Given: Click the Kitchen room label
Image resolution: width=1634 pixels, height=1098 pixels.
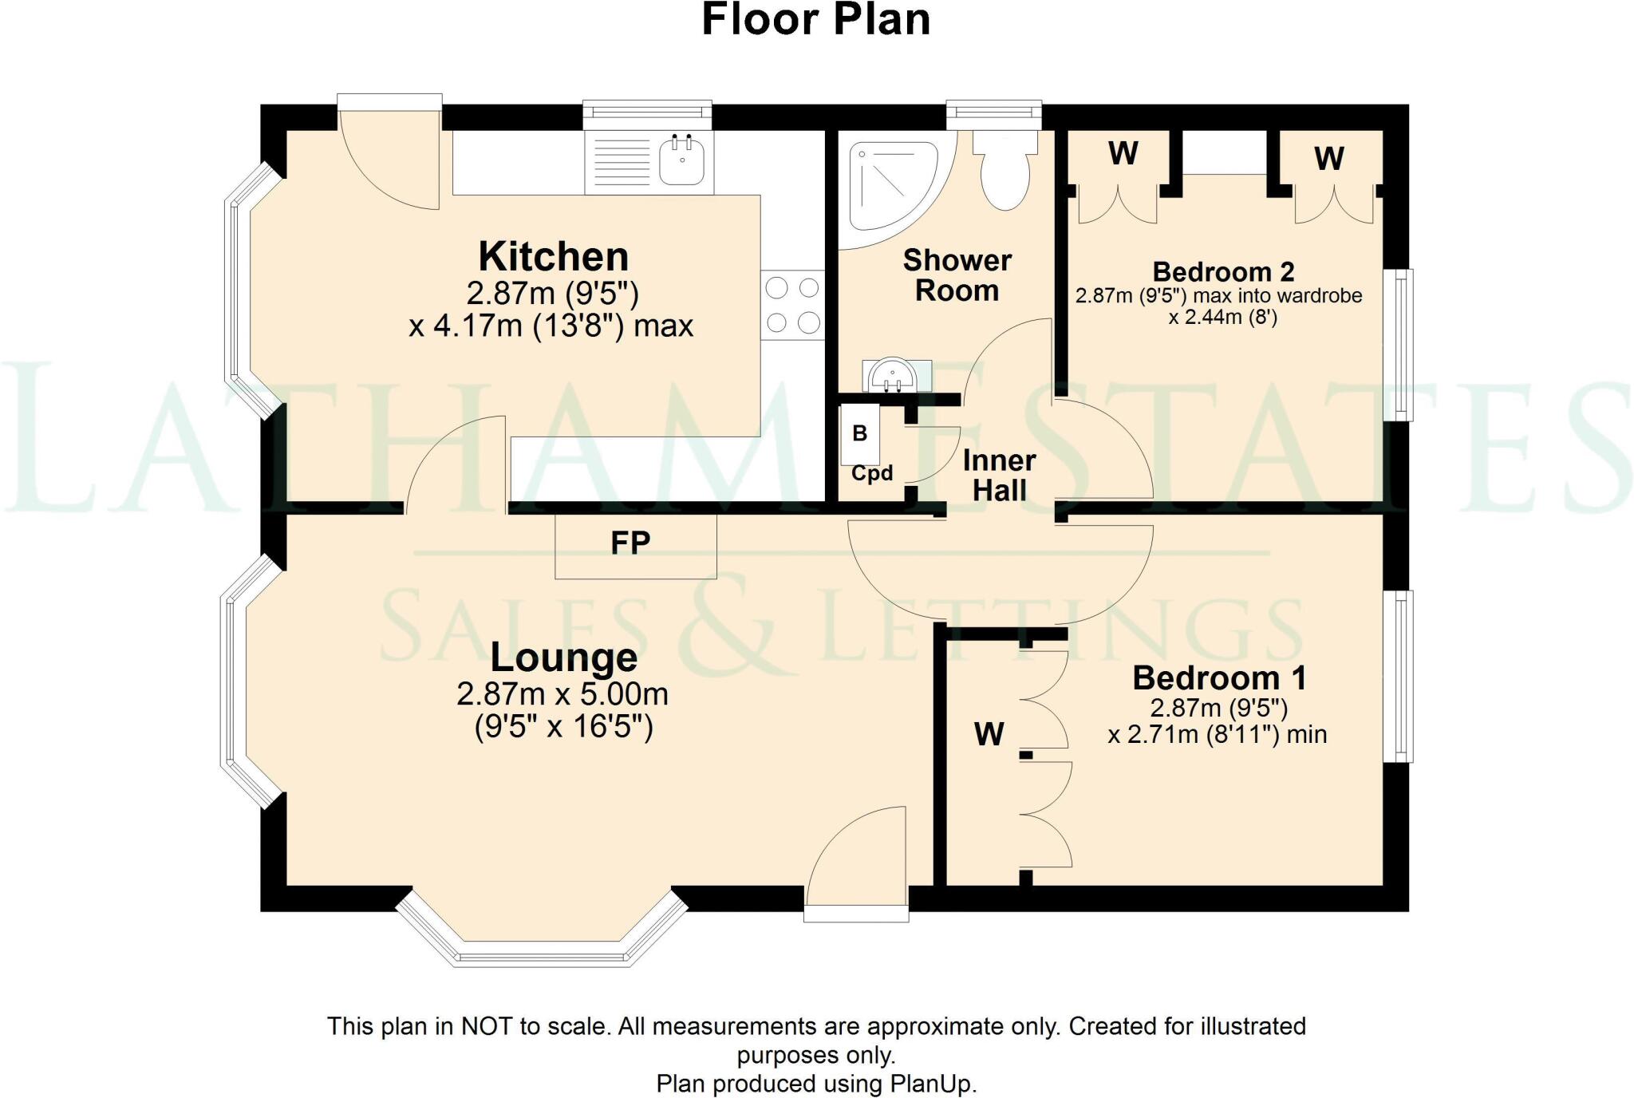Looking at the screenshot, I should pos(553,257).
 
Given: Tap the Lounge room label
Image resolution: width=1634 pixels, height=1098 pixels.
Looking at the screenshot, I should pos(563,658).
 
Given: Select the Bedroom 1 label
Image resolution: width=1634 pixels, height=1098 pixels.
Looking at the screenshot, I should pos(1219,678).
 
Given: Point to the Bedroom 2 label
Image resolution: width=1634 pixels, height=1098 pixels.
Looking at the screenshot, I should pos(1223,272).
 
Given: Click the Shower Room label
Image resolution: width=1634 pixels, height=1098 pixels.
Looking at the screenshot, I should pos(957,275).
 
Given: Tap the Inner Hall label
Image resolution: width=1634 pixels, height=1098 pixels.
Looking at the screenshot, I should pos(999,475).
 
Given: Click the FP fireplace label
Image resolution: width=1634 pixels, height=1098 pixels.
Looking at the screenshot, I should pos(630,543).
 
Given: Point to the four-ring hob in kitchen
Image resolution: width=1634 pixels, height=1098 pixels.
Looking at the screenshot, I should pos(792,305).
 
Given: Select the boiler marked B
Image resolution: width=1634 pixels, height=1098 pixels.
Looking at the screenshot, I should pos(859,433).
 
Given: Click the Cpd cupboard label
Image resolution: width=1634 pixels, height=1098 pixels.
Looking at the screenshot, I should pos(871,473).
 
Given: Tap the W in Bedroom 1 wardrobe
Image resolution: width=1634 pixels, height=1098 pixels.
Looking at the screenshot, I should pos(989,733).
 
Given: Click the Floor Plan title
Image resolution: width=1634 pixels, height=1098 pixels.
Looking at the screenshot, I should pos(816,20).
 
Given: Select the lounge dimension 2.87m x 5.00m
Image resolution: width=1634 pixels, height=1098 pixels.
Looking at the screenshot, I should pos(562,694).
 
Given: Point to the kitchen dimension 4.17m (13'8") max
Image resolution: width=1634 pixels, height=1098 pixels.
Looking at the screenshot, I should pos(551,326).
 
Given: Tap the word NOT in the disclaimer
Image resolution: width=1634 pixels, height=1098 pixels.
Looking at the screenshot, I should pos(487,1026).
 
